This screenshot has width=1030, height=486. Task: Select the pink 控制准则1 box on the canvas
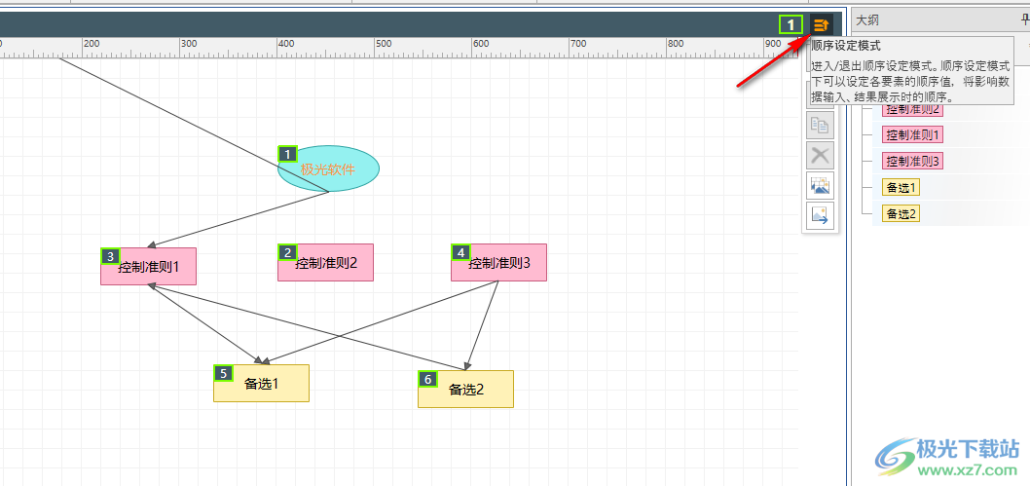click(148, 266)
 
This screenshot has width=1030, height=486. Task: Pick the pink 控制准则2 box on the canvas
click(325, 262)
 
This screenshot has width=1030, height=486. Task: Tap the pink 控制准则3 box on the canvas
click(498, 262)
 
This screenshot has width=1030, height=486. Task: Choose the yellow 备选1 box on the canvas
click(261, 383)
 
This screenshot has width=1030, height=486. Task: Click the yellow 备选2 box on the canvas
click(465, 389)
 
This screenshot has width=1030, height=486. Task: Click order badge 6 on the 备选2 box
click(427, 379)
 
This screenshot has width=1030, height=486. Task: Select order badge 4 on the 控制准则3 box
click(460, 252)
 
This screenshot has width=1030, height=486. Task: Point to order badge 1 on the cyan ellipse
click(287, 154)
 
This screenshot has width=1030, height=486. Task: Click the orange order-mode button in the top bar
click(822, 25)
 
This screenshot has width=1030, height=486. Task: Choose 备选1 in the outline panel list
click(901, 187)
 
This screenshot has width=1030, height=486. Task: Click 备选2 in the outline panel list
click(901, 213)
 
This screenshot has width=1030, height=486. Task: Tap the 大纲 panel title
click(867, 19)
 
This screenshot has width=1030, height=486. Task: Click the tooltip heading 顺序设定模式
click(846, 46)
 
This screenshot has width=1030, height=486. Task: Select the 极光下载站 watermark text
click(970, 450)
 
